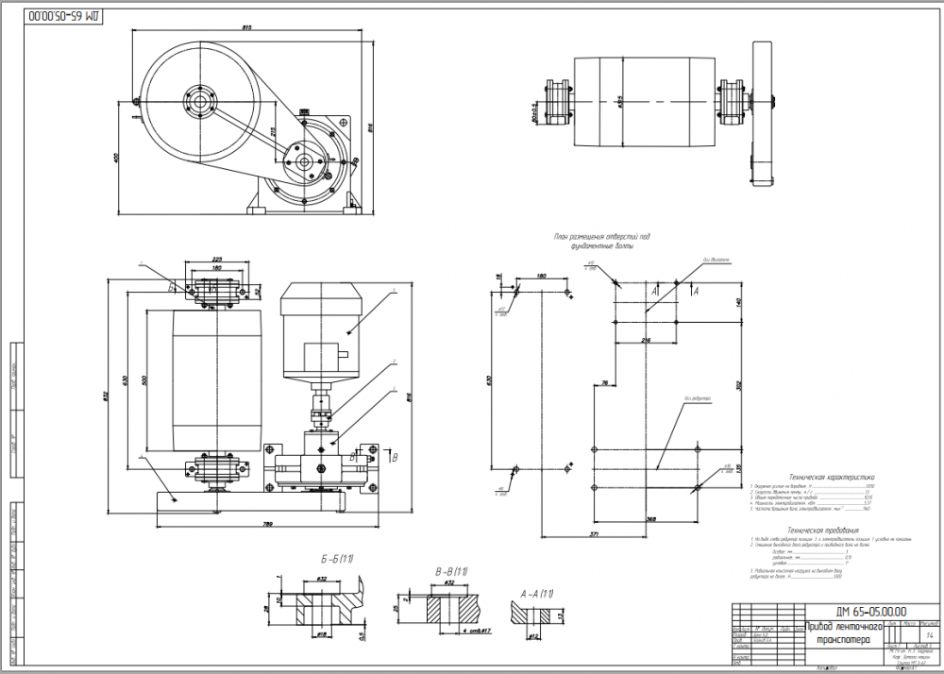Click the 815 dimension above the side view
click(x=247, y=27)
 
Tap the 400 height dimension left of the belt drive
click(x=118, y=158)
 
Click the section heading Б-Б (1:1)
click(x=309, y=560)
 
